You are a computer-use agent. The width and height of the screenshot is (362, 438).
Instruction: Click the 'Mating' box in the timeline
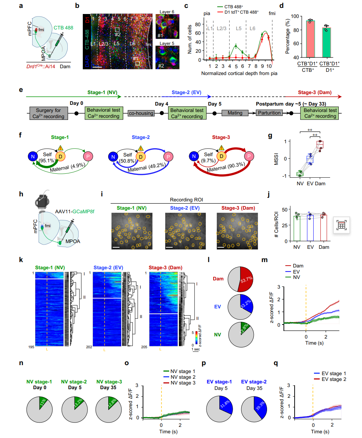coord(235,113)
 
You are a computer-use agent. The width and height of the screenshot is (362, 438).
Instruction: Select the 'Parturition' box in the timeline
coord(269,113)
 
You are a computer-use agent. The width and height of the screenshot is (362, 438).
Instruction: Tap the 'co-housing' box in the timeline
coord(141,113)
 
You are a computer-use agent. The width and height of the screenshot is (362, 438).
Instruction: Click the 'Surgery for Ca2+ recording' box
coord(48,113)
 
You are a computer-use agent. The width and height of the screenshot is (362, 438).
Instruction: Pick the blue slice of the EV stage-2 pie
coord(260,406)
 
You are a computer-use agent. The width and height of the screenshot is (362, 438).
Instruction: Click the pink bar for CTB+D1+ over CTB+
coord(308,39)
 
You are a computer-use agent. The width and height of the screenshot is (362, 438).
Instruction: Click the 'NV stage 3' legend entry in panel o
coord(183,383)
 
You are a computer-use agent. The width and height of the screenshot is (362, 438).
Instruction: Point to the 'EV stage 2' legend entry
coord(334,379)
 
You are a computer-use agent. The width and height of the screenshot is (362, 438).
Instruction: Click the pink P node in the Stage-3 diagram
coord(249,156)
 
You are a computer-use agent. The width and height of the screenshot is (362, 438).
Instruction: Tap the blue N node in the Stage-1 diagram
coord(33,156)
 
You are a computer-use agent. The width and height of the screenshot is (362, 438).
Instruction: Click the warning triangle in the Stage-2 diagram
coord(141,148)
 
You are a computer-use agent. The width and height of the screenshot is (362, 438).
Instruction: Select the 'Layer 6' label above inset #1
coord(167,12)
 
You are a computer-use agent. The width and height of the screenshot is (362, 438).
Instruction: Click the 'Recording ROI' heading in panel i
coord(186,200)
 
